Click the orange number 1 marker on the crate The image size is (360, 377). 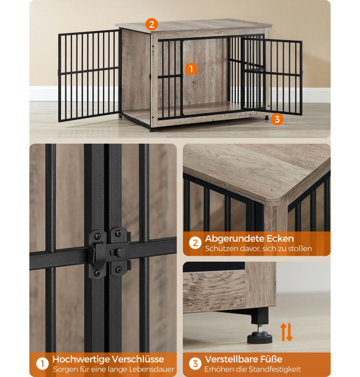coord(191,69)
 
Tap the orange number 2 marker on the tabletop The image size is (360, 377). coord(152,24)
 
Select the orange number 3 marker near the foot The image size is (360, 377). coord(277,119)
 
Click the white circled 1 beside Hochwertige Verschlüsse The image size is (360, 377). coord(42,364)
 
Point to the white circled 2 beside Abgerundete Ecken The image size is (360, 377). coord(195,243)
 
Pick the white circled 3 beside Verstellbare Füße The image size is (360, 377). coord(195,364)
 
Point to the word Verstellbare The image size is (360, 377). coord(230,359)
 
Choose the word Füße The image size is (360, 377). coord(270,359)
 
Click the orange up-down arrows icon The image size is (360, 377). coord(286,332)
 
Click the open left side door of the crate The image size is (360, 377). coord(89,75)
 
